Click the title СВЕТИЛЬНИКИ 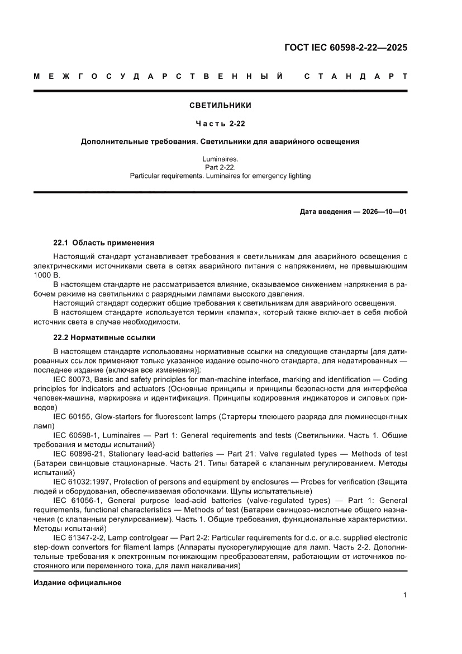(x=220, y=105)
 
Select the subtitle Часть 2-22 (x=220, y=124)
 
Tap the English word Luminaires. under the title (x=220, y=159)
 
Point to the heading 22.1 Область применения (x=103, y=243)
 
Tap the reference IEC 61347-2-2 (x=79, y=538)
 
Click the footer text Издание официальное (x=78, y=583)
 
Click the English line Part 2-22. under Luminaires (x=220, y=167)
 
